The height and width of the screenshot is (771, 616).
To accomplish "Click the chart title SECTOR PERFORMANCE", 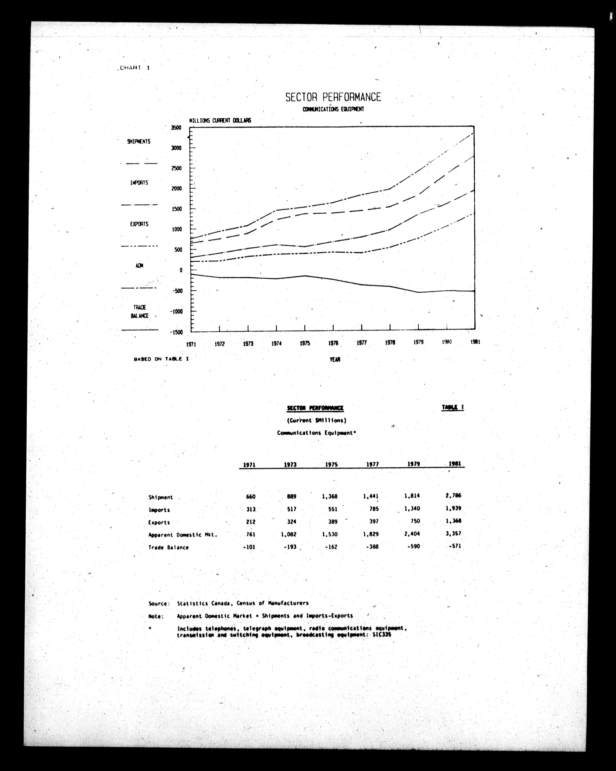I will tap(333, 97).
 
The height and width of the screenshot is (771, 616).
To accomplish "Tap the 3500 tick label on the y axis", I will tap(176, 128).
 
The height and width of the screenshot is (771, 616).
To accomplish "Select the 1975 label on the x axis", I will tap(305, 343).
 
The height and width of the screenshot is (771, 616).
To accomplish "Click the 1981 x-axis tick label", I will tap(475, 342).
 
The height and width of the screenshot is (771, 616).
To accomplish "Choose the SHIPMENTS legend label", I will tap(139, 142).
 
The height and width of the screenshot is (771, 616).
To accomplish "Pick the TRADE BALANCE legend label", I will tap(139, 311).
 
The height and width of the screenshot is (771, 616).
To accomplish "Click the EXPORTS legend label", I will tap(139, 224).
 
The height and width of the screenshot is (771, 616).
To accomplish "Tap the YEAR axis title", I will tap(335, 360).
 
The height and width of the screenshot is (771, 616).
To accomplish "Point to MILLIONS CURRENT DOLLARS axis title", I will tap(220, 121).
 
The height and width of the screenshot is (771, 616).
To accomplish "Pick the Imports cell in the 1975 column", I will tap(332, 509).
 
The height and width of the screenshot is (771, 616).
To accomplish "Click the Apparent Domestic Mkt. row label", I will tap(183, 535).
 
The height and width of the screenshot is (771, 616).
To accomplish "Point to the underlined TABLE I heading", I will tap(453, 407).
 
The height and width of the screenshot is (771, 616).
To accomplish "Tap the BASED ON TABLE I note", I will tap(161, 359).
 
